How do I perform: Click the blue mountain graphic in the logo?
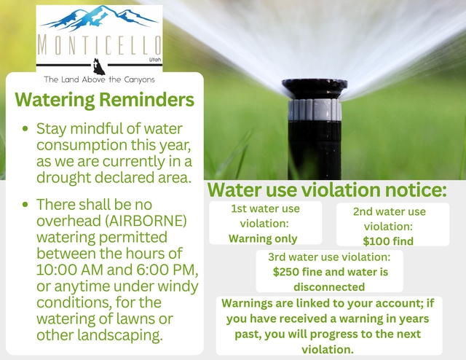[99, 18]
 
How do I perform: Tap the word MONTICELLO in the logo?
[99, 45]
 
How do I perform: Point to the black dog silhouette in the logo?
[99, 66]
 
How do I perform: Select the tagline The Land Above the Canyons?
[99, 79]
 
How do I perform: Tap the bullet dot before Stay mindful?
[25, 129]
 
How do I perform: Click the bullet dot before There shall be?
[25, 205]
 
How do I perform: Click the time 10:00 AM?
[70, 270]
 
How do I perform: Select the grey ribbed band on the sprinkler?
[315, 109]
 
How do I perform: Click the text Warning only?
[263, 238]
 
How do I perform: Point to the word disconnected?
[329, 287]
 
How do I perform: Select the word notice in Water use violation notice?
[416, 190]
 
